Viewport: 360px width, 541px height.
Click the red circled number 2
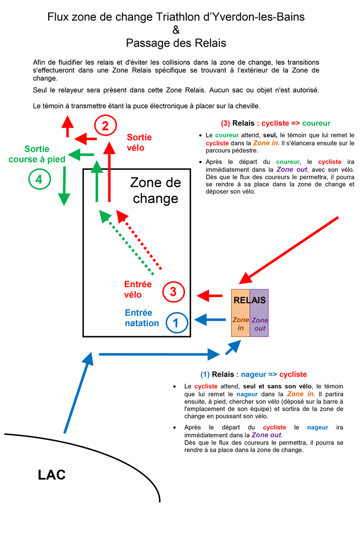click(106, 126)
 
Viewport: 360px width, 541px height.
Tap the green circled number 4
click(38, 179)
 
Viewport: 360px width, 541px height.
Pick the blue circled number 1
click(176, 323)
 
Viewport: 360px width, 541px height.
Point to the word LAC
click(52, 475)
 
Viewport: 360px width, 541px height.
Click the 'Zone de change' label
click(155, 190)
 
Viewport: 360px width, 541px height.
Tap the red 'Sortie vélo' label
click(139, 142)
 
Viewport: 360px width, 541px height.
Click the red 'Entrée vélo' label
click(138, 289)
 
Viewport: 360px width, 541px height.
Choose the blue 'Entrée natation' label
click(142, 318)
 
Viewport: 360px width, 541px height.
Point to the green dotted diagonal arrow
click(129, 244)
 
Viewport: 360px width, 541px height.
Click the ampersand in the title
click(176, 30)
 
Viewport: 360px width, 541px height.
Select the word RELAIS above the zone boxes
click(250, 300)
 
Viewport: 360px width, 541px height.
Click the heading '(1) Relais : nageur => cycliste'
click(253, 374)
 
